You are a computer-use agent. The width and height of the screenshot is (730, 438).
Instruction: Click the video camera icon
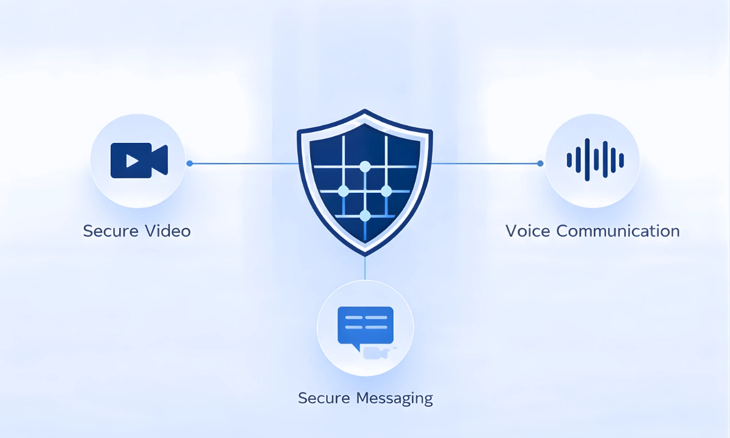coord(139,160)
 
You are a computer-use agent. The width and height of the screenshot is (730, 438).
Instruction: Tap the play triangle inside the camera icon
coord(132,161)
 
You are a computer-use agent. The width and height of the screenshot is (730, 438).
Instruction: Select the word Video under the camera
coord(168,231)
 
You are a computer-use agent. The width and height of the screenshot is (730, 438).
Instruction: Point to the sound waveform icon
coord(595,160)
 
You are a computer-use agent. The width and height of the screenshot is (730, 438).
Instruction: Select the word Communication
coord(618,231)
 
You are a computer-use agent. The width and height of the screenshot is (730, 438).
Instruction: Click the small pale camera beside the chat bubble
coord(377,352)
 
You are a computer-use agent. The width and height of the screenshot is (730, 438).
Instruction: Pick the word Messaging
coord(394,399)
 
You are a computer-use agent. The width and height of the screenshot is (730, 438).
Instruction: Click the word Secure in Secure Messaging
coord(324,398)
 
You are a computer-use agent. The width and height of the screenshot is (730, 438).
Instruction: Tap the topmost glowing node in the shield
coord(365,166)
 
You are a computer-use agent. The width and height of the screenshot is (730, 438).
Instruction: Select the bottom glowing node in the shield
coord(365,215)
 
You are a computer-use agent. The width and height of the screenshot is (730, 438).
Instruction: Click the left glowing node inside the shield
coord(343,191)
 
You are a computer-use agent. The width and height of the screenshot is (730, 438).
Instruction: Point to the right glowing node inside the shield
coord(386,191)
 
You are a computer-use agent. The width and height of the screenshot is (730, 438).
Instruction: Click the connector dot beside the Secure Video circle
coord(189,163)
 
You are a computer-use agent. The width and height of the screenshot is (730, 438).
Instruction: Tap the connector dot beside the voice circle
coord(540,163)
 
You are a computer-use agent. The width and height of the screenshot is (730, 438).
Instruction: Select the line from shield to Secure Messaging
coord(365,268)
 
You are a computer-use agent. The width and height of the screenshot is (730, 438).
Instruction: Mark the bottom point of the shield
coord(365,254)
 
